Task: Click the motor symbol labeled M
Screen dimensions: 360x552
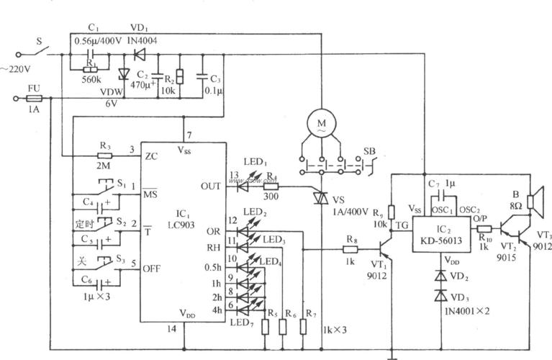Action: [318, 124]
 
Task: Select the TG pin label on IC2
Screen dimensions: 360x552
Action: [402, 225]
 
